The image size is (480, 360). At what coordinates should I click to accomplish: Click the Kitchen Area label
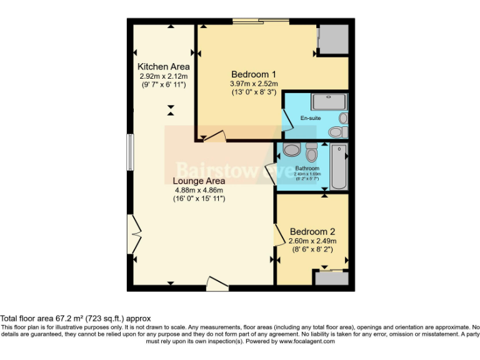(164, 66)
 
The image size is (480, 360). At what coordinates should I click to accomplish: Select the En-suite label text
(310, 118)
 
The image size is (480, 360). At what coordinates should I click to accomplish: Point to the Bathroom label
(307, 168)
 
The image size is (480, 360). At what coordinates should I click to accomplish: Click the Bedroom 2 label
(312, 231)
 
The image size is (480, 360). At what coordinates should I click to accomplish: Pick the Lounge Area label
(199, 181)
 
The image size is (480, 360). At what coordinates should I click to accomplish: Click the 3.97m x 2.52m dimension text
(254, 83)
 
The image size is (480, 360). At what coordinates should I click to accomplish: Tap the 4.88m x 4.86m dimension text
(198, 190)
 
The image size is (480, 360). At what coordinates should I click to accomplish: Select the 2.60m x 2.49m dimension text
(312, 241)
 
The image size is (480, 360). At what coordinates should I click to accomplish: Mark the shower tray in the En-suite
(329, 101)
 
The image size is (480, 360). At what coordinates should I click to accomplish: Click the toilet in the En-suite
(336, 131)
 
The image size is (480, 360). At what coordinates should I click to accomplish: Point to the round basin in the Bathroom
(291, 150)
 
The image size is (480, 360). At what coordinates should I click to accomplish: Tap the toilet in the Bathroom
(312, 152)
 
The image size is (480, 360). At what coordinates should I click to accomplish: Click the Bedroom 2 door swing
(278, 234)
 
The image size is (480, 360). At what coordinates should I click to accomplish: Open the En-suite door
(287, 119)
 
